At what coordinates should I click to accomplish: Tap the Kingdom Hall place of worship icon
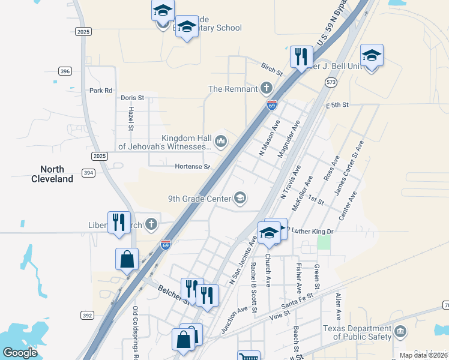tap(221, 141)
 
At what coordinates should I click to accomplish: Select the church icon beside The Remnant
tap(266, 89)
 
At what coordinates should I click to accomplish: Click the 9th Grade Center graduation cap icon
tap(240, 198)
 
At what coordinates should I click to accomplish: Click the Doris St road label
tap(133, 97)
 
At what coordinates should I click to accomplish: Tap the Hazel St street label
tap(131, 119)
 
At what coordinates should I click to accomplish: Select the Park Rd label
tap(100, 91)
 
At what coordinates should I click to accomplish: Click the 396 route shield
tap(65, 71)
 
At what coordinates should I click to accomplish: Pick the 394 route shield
tap(89, 173)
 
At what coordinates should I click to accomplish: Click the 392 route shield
tap(86, 314)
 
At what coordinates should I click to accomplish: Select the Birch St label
tap(271, 69)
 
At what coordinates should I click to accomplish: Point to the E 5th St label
tap(337, 105)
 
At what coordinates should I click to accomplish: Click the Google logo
tap(20, 352)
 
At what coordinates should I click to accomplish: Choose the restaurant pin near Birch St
tap(301, 56)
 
